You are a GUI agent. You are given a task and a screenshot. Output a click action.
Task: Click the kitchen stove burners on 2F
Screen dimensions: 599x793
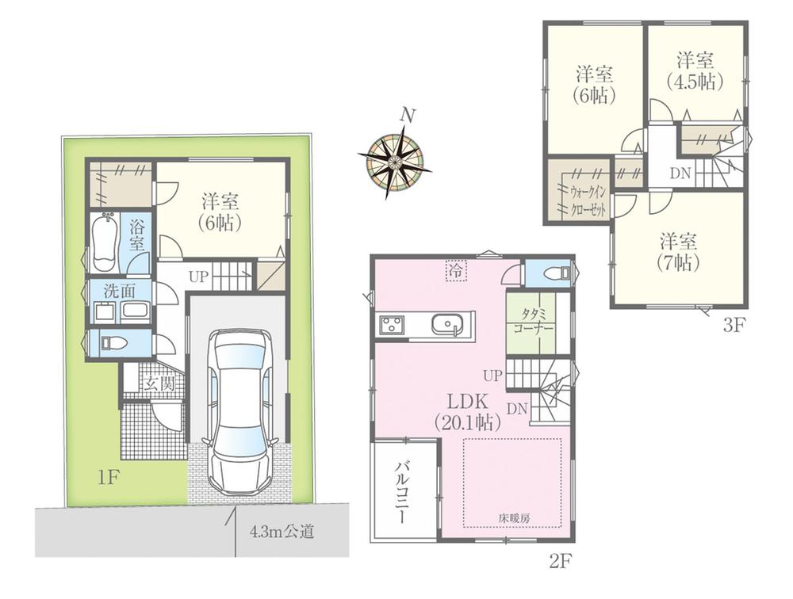click(392, 324)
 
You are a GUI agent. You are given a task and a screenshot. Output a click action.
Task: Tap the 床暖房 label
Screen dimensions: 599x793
click(514, 517)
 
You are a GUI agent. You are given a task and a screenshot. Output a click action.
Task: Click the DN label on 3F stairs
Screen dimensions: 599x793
click(680, 174)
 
